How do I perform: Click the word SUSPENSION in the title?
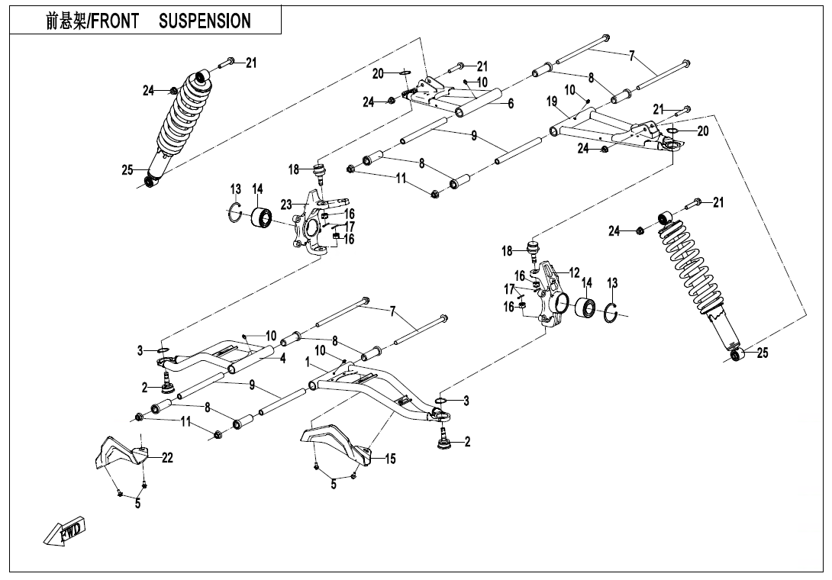click(205, 21)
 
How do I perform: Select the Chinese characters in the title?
click(66, 21)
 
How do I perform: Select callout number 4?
click(282, 359)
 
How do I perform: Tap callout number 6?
click(510, 104)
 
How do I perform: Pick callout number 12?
click(574, 272)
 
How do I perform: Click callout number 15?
click(390, 459)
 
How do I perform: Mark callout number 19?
click(552, 101)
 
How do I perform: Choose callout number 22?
click(167, 458)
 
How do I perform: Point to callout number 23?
click(286, 204)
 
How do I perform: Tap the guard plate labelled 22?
click(118, 452)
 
